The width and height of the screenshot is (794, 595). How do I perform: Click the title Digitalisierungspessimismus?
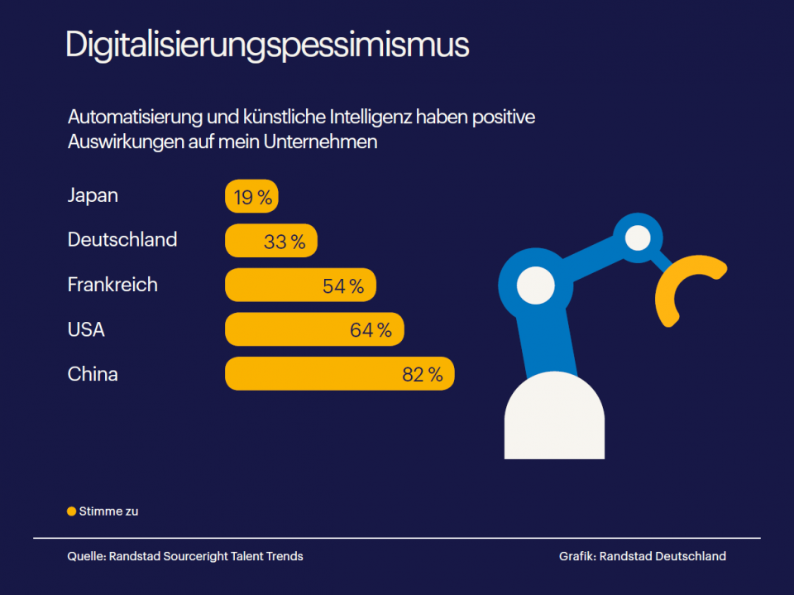[267, 45]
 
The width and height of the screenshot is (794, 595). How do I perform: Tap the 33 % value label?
[285, 242]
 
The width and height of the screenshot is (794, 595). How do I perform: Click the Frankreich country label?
[112, 285]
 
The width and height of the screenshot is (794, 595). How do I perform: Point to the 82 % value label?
[423, 375]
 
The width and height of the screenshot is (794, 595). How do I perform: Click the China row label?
[93, 374]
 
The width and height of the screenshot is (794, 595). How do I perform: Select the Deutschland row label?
[122, 240]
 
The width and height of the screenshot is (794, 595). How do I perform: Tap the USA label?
[86, 329]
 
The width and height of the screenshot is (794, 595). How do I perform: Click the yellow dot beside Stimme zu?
[71, 511]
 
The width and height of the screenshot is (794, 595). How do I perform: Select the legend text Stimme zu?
[108, 511]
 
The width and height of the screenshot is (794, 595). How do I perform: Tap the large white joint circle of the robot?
[535, 286]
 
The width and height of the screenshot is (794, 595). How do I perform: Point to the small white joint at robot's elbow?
[638, 238]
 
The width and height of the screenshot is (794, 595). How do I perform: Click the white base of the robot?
[554, 422]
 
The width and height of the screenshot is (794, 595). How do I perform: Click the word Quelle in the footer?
[85, 556]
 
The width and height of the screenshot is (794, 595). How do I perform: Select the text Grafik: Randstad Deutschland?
[642, 556]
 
